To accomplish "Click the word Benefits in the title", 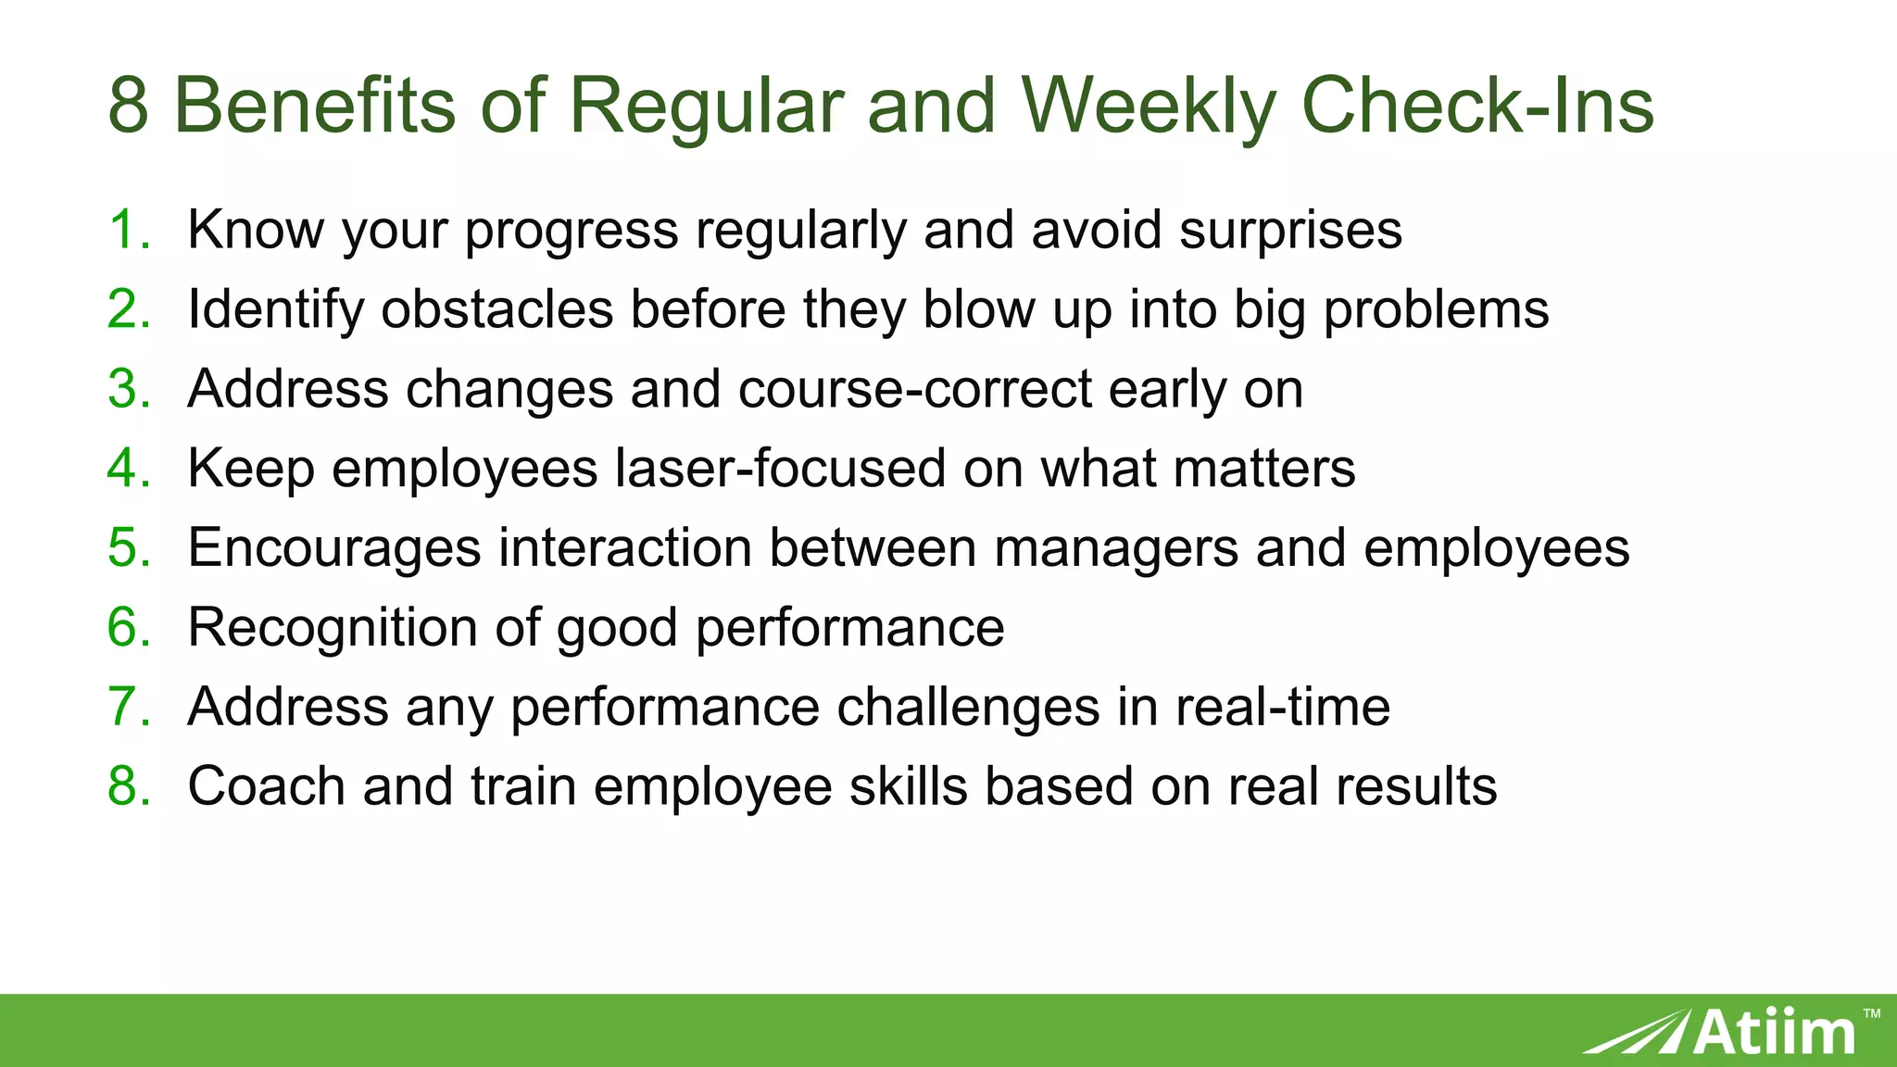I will [x=315, y=105].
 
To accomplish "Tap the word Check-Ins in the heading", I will [x=1476, y=105].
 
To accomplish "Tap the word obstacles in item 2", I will [x=497, y=309].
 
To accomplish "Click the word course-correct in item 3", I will [x=915, y=389].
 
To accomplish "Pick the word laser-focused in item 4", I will [x=780, y=468].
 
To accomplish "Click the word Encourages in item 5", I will [x=333, y=547].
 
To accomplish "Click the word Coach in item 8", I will [x=266, y=786].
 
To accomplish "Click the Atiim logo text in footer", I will [x=1773, y=1032].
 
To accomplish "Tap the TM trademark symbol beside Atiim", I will [x=1872, y=1014].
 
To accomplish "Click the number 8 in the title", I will [x=128, y=105].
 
